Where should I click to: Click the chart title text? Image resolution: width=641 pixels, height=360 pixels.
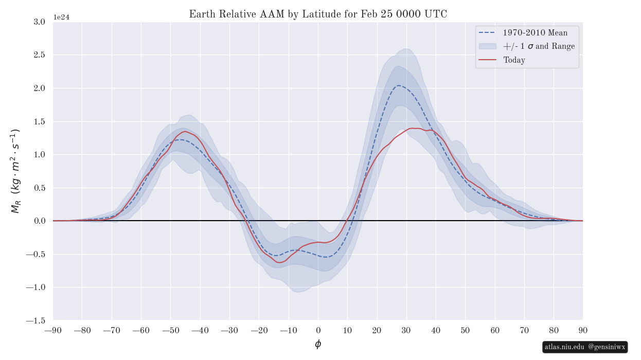click(318, 14)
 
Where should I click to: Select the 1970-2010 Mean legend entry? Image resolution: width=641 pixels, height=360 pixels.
click(536, 33)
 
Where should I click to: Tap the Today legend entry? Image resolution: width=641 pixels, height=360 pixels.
click(514, 60)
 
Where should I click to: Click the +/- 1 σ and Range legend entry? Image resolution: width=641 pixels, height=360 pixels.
click(539, 46)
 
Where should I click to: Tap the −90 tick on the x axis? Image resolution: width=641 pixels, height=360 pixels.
click(53, 330)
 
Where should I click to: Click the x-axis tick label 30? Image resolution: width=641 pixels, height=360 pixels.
click(406, 330)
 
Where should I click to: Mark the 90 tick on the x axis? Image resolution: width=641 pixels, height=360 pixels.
click(583, 330)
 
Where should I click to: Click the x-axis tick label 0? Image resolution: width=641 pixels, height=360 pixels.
click(318, 330)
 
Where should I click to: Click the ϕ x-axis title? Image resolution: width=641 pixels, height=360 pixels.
click(318, 345)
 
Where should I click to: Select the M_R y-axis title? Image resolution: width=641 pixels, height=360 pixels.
click(15, 171)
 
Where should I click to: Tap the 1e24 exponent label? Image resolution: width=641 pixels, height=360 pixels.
click(61, 17)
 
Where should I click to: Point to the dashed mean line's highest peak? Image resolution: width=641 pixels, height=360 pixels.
click(399, 85)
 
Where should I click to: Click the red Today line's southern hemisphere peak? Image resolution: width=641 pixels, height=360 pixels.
click(184, 132)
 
